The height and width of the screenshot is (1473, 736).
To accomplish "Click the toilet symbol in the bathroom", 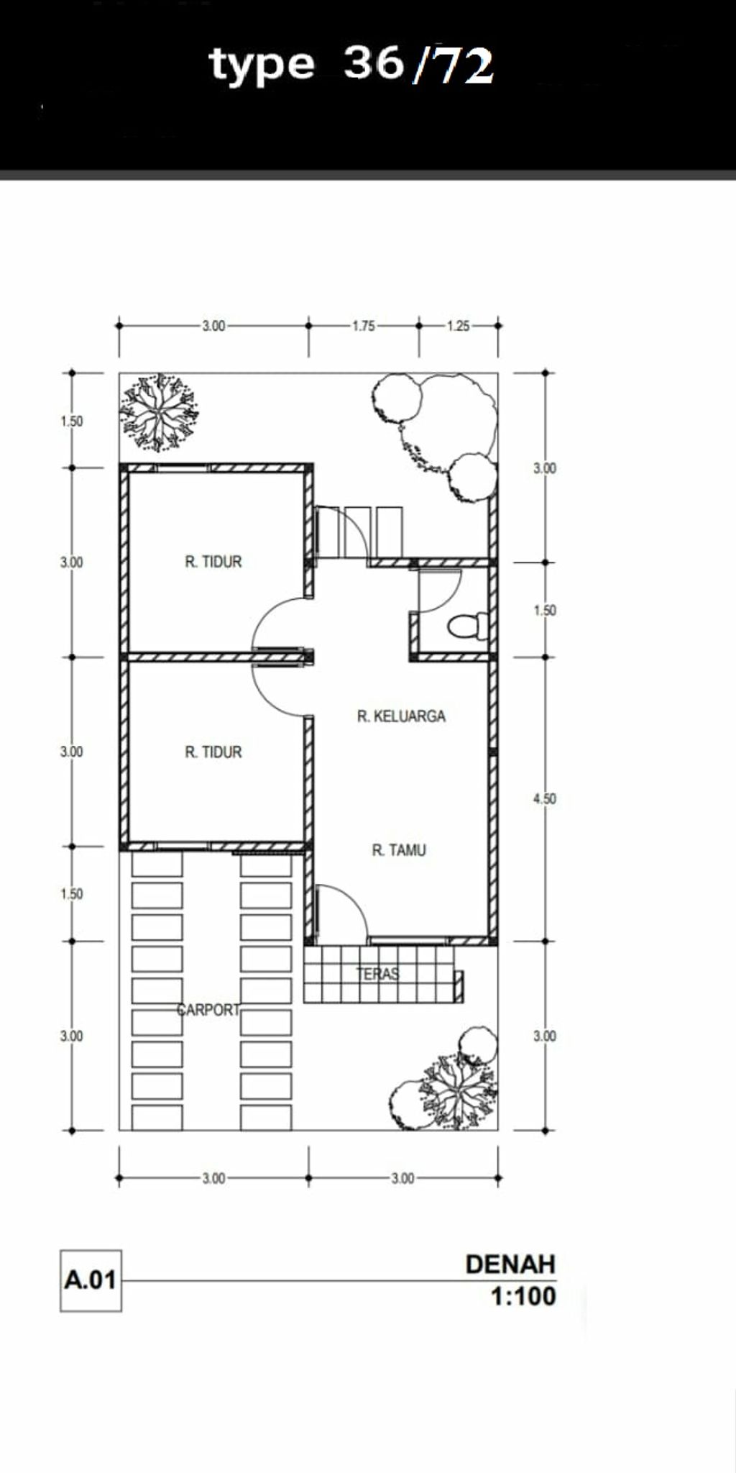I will [x=467, y=625].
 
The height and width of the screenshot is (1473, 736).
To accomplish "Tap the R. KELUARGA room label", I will [x=401, y=716].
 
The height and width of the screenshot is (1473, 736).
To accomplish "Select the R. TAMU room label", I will [x=399, y=850].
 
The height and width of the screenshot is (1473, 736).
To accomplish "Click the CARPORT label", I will [x=208, y=1010].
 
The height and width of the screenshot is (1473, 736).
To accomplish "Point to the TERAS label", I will [x=378, y=974].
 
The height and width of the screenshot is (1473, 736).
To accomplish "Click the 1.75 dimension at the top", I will [x=363, y=326].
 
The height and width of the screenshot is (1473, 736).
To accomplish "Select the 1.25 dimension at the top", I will [x=458, y=326].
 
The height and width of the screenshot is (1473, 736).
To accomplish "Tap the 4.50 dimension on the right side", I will [x=545, y=798].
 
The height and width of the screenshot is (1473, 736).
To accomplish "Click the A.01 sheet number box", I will [x=91, y=1280].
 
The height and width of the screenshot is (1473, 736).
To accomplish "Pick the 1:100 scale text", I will [x=523, y=1296].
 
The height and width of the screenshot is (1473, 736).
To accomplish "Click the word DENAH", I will [x=510, y=1264].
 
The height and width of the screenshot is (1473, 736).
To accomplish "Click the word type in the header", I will [x=262, y=65].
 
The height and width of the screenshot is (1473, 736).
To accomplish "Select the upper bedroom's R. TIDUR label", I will [x=213, y=562].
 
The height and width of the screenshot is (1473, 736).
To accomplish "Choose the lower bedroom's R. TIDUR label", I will [x=213, y=752].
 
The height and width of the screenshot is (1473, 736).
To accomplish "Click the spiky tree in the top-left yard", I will [x=159, y=413].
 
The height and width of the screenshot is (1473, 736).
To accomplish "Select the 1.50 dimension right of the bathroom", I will [x=545, y=610].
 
